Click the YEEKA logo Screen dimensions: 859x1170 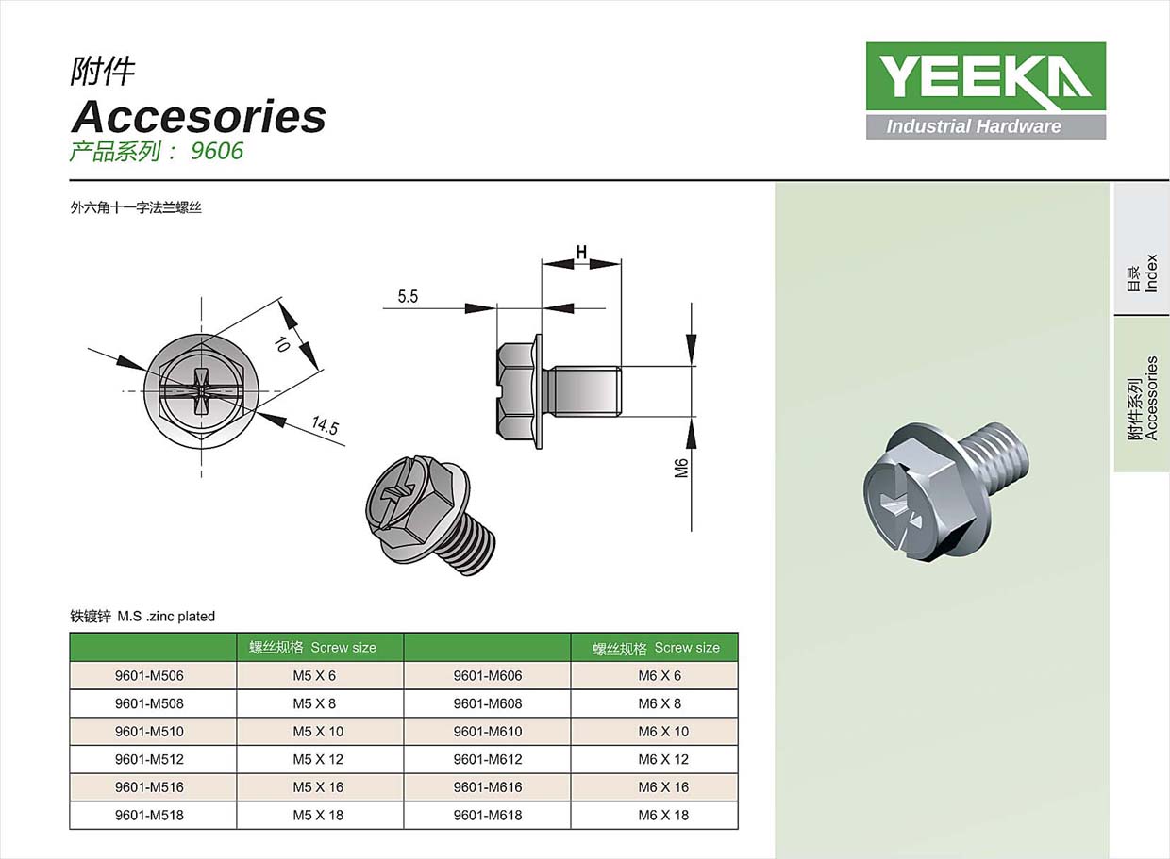click(x=985, y=76)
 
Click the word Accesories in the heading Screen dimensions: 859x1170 click(x=199, y=117)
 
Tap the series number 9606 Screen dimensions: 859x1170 click(x=217, y=151)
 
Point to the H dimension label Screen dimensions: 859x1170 click(x=581, y=252)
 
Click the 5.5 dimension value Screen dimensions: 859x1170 click(x=408, y=296)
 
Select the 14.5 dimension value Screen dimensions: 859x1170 click(x=325, y=426)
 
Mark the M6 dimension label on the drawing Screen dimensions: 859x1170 click(x=681, y=465)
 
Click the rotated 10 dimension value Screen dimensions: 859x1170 click(x=281, y=343)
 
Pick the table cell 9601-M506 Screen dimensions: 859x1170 click(x=153, y=675)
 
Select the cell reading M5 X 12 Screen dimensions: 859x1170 click(x=319, y=759)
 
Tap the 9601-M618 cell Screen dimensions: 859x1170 click(x=487, y=815)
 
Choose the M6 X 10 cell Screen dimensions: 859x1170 click(x=663, y=731)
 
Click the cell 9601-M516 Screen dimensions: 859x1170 click(x=153, y=786)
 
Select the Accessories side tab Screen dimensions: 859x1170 click(x=1142, y=396)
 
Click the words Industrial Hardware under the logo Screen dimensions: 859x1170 click(x=973, y=126)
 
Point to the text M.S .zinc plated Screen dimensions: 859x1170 click(x=166, y=616)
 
